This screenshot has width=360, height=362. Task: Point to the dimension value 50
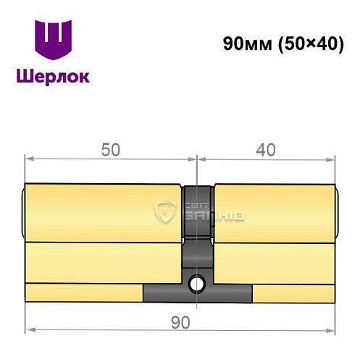point(109,149)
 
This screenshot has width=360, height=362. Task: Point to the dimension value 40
point(266,149)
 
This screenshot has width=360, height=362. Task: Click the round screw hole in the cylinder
point(195,282)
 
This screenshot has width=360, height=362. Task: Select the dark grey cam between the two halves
point(197,210)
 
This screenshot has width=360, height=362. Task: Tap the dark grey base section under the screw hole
point(197,293)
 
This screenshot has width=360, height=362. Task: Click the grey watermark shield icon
point(164,212)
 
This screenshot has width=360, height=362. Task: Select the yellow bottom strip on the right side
point(293,292)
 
